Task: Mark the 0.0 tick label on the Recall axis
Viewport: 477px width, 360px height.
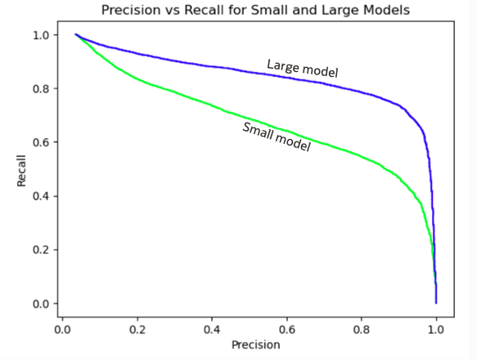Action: point(39,304)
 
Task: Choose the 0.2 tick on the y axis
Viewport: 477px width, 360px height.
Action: point(39,250)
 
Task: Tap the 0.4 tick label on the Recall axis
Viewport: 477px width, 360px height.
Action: point(39,196)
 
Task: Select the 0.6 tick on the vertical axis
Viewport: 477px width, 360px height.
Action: point(39,142)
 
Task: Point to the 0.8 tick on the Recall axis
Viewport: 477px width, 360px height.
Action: point(39,88)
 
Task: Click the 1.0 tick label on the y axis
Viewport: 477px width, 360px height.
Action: point(39,35)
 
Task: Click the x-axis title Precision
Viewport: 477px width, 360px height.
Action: point(254,344)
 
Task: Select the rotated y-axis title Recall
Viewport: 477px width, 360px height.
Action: point(22,169)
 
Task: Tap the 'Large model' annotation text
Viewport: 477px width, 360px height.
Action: point(302,69)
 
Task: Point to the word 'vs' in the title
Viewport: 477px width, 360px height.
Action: point(167,10)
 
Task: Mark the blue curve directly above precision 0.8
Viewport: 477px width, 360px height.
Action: point(362,91)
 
